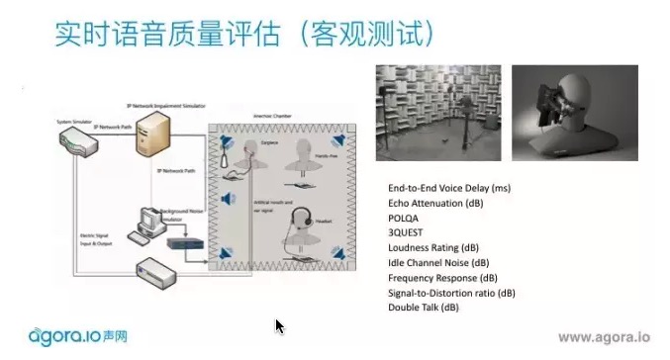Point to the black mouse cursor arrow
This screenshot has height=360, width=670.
click(x=280, y=325)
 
